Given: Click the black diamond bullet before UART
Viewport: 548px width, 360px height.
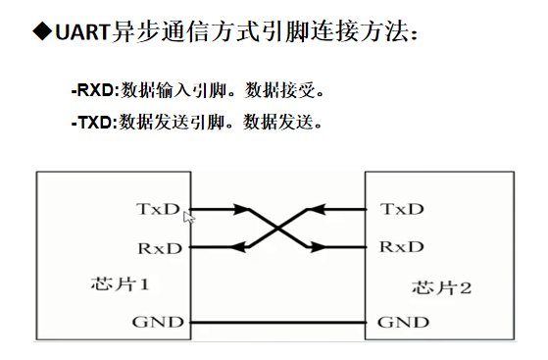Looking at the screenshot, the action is pyautogui.click(x=42, y=31).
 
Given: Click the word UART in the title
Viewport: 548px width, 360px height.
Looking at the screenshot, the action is pyautogui.click(x=83, y=31).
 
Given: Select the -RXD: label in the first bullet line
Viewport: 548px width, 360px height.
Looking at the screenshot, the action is pyautogui.click(x=95, y=90).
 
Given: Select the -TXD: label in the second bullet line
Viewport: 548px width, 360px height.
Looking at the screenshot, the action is pyautogui.click(x=94, y=123).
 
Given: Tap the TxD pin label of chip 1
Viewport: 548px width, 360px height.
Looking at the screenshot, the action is pyautogui.click(x=158, y=209).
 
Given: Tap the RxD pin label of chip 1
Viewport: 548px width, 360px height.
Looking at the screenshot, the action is pyautogui.click(x=160, y=248).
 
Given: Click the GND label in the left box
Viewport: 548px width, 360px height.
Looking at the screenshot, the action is pyautogui.click(x=158, y=322).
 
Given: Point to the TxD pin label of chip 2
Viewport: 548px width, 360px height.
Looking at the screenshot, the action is pyautogui.click(x=402, y=209).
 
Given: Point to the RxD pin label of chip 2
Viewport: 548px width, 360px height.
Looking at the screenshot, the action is pyautogui.click(x=402, y=247).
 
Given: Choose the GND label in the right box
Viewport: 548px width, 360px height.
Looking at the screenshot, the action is pyautogui.click(x=403, y=322).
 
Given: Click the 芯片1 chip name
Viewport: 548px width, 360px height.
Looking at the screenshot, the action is pyautogui.click(x=121, y=283).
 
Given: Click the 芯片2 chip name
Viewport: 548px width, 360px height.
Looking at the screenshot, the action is pyautogui.click(x=442, y=287).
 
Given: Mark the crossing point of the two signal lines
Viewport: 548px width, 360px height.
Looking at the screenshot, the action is pyautogui.click(x=277, y=229).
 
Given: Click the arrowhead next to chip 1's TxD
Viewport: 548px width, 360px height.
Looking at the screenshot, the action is pyautogui.click(x=241, y=209).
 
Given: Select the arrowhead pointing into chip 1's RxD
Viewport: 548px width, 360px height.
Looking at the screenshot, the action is pyautogui.click(x=238, y=247).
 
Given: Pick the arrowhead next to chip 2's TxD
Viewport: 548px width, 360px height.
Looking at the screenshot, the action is pyautogui.click(x=318, y=209).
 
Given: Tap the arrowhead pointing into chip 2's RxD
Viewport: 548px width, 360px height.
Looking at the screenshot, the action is pyautogui.click(x=318, y=247).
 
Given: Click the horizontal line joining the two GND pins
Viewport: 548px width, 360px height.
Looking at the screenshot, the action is pyautogui.click(x=278, y=322).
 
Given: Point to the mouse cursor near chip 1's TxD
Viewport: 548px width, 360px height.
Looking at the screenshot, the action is pyautogui.click(x=189, y=217).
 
